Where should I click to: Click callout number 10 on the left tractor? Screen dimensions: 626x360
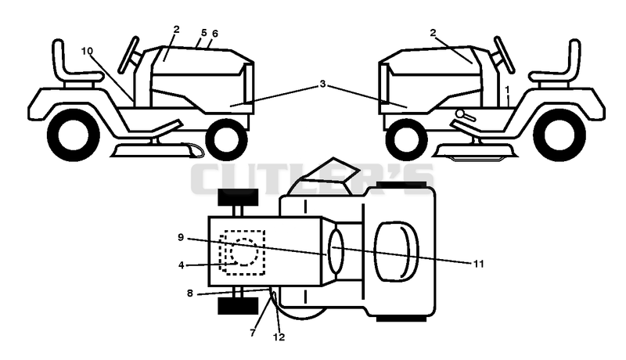click(87, 51)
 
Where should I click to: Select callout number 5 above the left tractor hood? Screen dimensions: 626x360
click(204, 33)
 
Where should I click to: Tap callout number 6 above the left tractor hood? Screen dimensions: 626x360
click(215, 34)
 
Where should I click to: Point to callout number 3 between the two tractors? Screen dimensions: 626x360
click(322, 84)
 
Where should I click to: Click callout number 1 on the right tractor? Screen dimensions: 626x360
click(507, 89)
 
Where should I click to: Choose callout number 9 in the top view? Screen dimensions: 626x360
click(181, 237)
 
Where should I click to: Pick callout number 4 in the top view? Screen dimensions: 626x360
click(182, 265)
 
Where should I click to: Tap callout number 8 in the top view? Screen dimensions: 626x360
click(189, 293)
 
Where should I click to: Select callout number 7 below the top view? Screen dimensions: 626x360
click(252, 333)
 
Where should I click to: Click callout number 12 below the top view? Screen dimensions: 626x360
click(279, 337)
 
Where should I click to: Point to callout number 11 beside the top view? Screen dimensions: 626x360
click(478, 264)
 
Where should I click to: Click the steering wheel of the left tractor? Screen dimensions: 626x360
click(128, 55)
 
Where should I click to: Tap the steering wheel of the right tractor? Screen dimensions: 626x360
click(504, 55)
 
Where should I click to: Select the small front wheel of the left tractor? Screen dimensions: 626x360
click(226, 139)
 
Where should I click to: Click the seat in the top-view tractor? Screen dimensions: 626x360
click(396, 251)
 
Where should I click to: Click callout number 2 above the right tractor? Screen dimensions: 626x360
click(434, 33)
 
